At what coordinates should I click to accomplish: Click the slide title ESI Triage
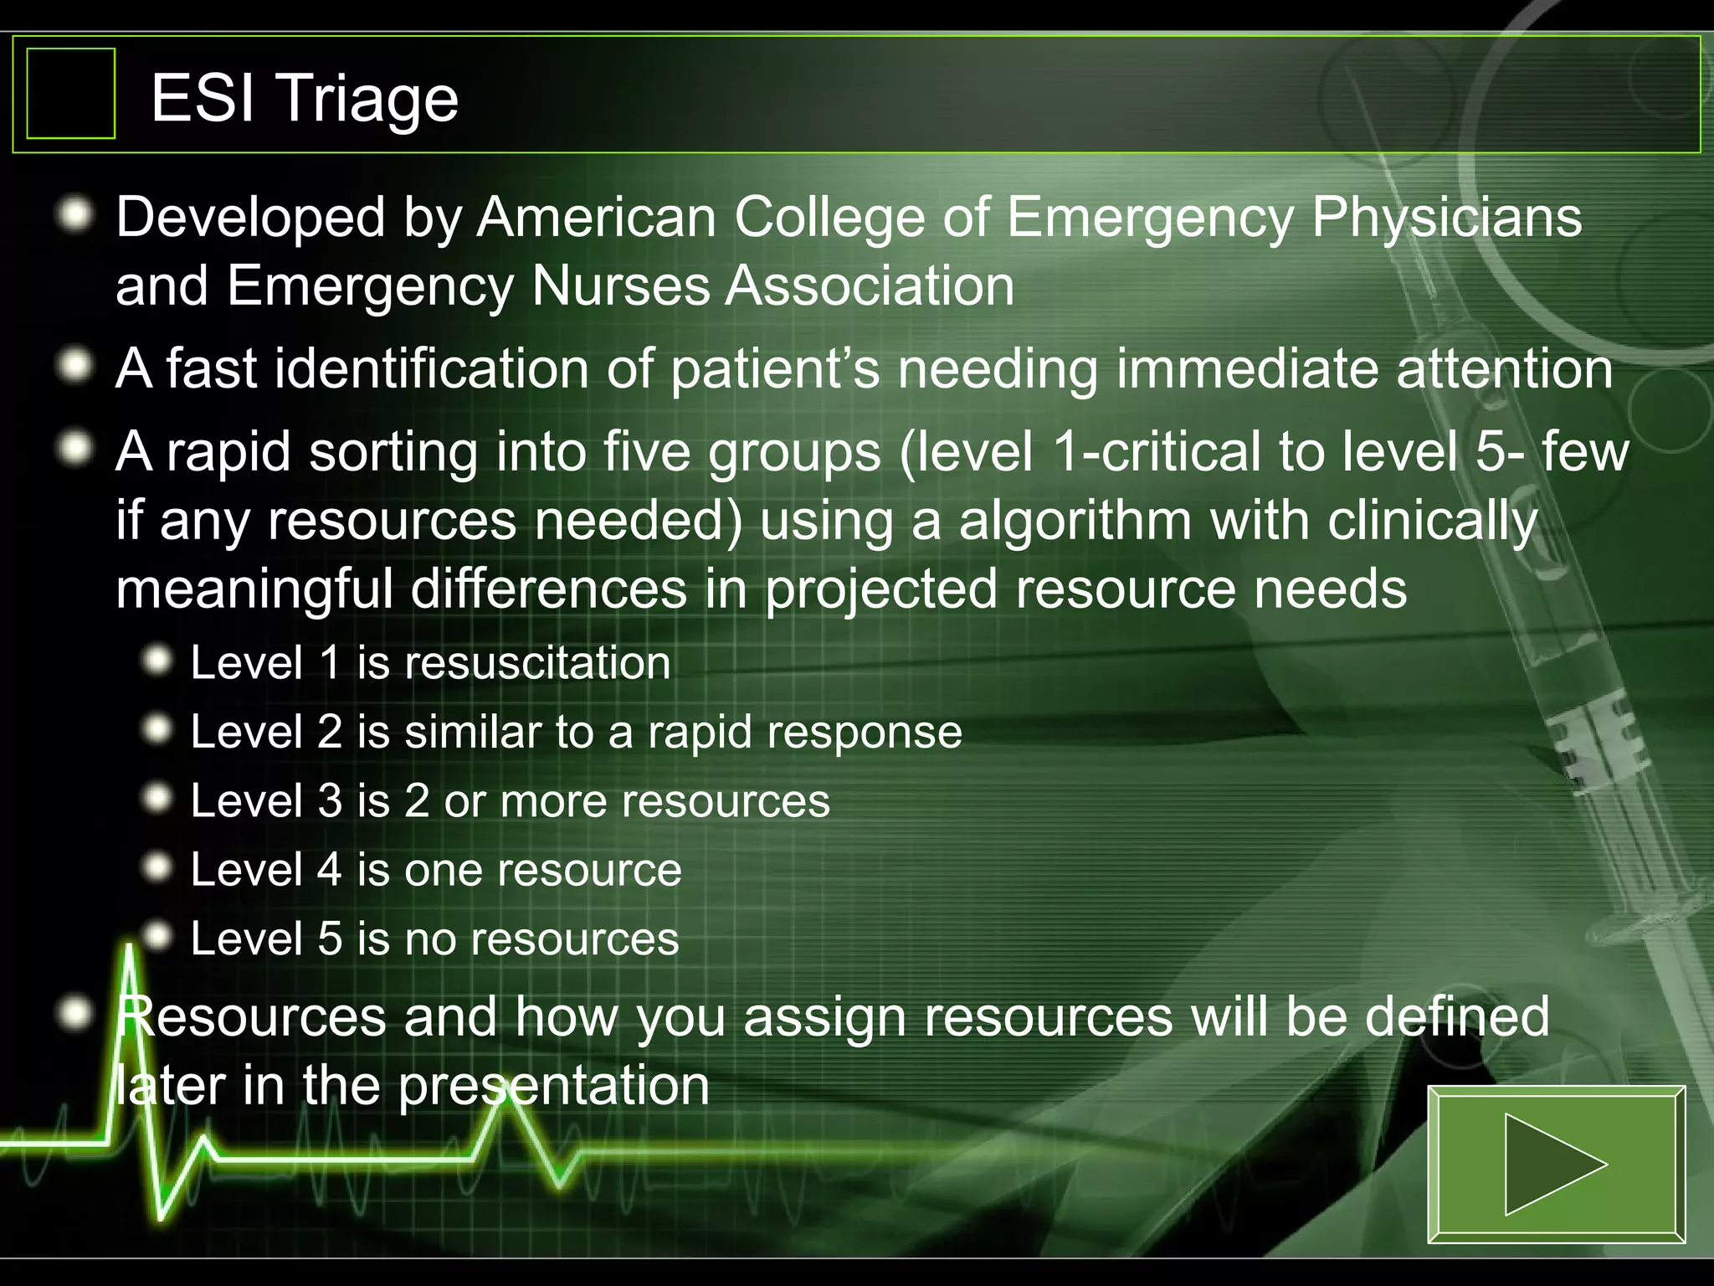click(x=305, y=98)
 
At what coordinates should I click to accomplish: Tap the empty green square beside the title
click(x=70, y=93)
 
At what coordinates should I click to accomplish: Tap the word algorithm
click(x=1075, y=521)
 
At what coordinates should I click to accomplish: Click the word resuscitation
click(x=538, y=663)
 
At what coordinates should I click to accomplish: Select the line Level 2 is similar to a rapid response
click(x=576, y=732)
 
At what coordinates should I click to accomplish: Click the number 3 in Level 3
click(x=330, y=800)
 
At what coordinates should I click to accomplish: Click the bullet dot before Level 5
click(x=157, y=934)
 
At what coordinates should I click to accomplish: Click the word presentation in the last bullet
click(x=553, y=1086)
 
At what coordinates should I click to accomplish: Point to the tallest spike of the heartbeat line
click(x=130, y=954)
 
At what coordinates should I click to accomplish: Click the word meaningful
click(x=254, y=589)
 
